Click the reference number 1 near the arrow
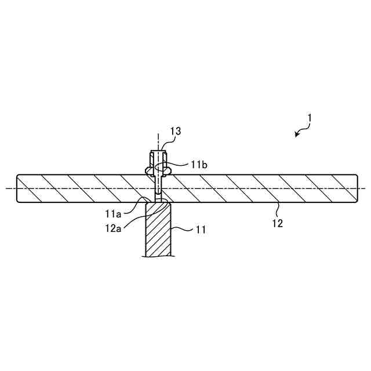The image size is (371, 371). point(310,118)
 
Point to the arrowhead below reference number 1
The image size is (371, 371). point(297,135)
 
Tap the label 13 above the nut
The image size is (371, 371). point(176,132)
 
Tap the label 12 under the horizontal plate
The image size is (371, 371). point(278,223)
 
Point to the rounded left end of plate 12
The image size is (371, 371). point(19,188)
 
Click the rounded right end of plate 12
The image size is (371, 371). point(355,188)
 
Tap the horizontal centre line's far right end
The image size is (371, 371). point(365,188)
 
